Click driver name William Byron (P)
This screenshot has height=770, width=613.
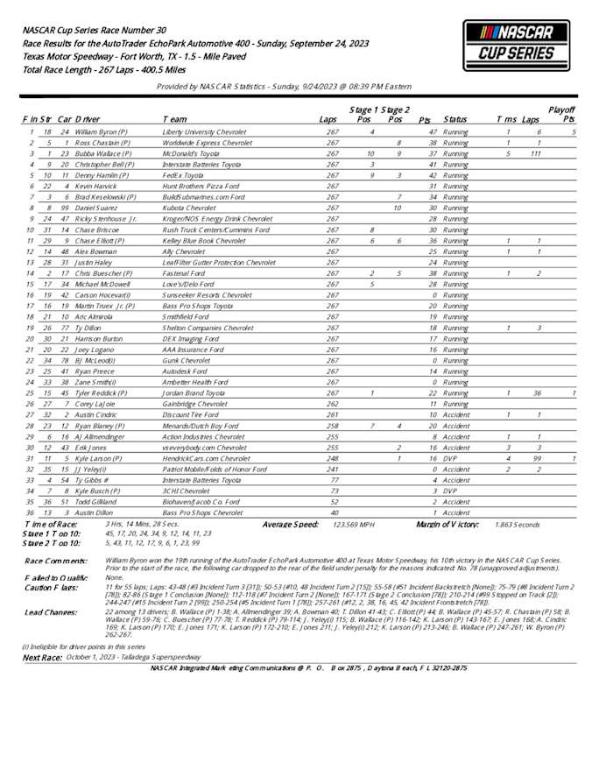click(102, 131)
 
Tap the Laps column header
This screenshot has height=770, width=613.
click(328, 118)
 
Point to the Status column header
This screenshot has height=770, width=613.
click(455, 118)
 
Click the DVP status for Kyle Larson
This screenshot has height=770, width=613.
click(449, 458)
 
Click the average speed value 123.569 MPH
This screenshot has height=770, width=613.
click(351, 524)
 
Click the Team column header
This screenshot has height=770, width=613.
click(173, 118)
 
